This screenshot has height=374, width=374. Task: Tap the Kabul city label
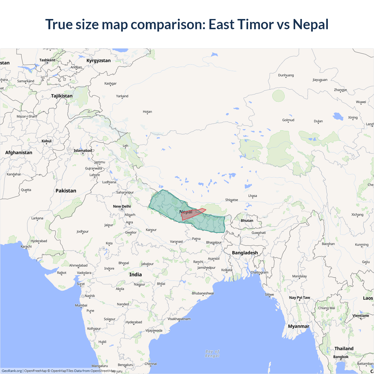coord(46,141)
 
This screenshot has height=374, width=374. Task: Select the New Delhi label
coord(122,206)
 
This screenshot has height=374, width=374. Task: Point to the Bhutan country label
coord(247,221)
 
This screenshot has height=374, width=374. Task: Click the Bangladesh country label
coord(245,253)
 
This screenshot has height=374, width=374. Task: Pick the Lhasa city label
coord(252,196)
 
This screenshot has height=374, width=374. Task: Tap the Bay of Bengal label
coord(212,354)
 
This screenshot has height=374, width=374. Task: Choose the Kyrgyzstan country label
coord(98,60)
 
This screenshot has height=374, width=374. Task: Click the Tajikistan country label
coord(62,96)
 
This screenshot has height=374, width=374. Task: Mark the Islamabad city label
coord(83,150)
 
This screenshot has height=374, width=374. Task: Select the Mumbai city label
coord(81,305)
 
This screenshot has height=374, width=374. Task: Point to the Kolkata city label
coord(227,270)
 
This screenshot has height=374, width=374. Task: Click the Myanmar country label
coord(298,326)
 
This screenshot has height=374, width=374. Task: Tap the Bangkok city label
coord(341,357)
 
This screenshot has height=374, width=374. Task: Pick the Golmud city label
coord(288,120)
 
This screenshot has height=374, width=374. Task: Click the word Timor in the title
coord(256,24)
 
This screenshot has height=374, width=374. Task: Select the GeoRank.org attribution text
coord(12,371)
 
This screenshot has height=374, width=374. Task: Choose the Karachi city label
coord(26,246)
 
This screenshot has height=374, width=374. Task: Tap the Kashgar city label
coord(110,84)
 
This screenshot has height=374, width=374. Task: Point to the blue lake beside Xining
coord(338,116)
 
